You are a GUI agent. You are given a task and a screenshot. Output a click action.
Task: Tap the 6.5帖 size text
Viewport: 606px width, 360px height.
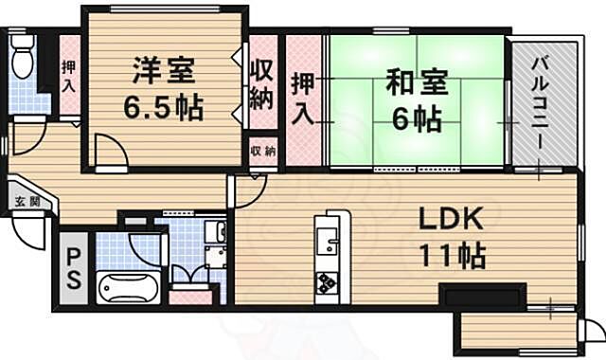pos(163,106)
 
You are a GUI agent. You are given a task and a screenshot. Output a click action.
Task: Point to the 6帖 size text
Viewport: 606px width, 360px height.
pos(415,119)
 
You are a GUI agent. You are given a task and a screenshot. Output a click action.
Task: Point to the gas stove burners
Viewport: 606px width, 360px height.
pos(328,281)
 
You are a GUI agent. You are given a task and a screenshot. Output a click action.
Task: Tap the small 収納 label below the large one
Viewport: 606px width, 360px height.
pos(263,152)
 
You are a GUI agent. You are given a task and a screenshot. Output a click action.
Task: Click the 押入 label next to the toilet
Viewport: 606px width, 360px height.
pos(69,76)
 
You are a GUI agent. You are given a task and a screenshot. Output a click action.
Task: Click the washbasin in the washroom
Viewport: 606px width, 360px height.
pos(216,233)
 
